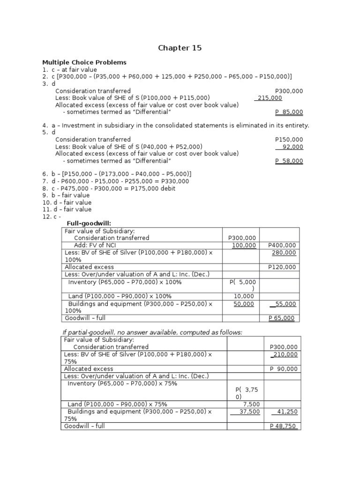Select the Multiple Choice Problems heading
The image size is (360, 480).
coord(84,62)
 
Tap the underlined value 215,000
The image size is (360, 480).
coord(269,98)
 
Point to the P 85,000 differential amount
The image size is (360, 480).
coord(289,112)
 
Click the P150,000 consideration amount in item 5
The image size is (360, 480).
coord(289,140)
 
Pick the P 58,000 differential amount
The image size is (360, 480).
coord(289,161)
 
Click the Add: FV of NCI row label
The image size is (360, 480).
coord(94,245)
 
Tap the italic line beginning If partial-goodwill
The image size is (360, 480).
coord(152,332)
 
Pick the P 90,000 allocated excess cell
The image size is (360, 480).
coord(284,369)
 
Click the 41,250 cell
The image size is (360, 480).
coord(285,412)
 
